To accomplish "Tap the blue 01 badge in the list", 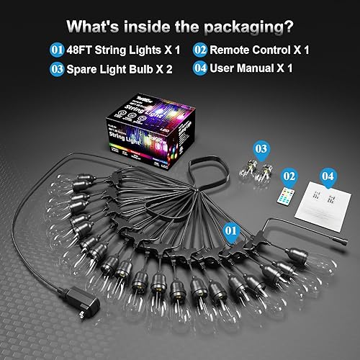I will (57, 51).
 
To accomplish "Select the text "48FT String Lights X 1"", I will (122, 51).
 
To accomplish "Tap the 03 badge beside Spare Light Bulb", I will (57, 69).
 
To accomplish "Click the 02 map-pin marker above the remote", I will (289, 176).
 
